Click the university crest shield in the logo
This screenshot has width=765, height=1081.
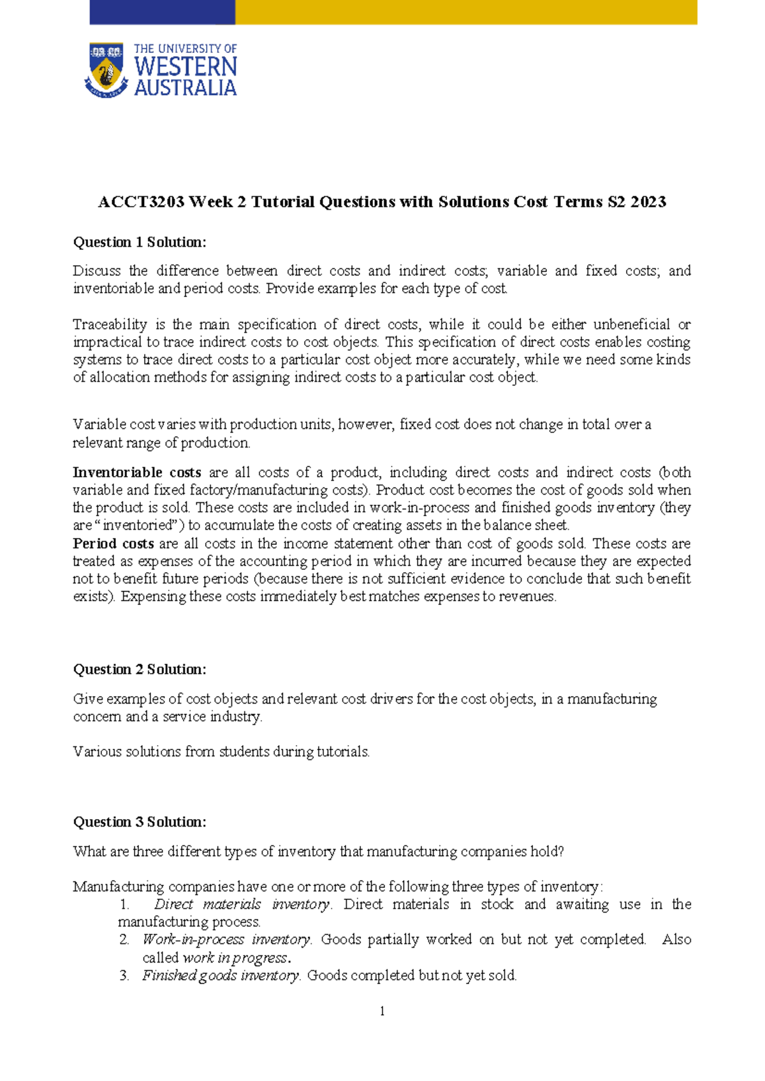coord(106,70)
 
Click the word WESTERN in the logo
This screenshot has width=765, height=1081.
coord(186,67)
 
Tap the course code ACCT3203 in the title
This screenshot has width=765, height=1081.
coord(141,202)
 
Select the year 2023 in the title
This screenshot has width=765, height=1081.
coord(648,202)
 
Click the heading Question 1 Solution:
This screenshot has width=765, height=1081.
coord(140,242)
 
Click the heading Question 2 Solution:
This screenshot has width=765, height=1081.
coord(140,669)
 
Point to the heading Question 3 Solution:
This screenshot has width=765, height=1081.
coord(140,822)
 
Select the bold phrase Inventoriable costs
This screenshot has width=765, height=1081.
coord(137,472)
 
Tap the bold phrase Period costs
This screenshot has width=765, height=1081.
coord(113,544)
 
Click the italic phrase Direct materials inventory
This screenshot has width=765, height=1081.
coord(242,904)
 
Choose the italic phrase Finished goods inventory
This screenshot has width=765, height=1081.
coord(221,975)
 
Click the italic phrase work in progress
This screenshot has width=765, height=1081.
coord(235,958)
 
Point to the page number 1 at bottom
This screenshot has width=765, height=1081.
coord(382,1012)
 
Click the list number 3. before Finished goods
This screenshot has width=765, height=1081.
coord(124,975)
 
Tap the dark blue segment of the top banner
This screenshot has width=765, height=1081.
coord(162,11)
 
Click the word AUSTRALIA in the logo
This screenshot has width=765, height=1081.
coord(186,88)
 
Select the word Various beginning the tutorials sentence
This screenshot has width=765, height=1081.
coord(95,751)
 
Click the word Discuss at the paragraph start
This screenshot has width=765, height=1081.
coord(96,271)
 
